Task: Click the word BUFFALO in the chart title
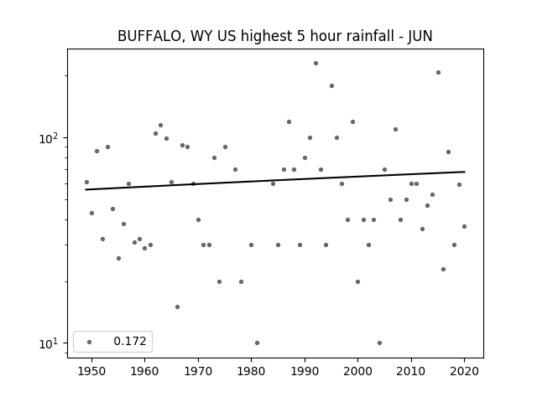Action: [x=149, y=36]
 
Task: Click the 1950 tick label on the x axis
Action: [x=91, y=371]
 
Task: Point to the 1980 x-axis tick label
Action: [x=251, y=371]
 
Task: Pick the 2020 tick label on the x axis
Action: [x=464, y=371]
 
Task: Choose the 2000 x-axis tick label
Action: [x=357, y=371]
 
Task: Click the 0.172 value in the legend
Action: [x=130, y=341]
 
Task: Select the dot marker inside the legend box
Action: [x=90, y=342]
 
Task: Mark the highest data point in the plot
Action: [x=315, y=64]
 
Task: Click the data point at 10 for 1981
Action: [x=258, y=343]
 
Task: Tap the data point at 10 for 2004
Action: [x=379, y=343]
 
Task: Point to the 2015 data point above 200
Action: [x=438, y=73]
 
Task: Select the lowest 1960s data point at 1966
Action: [x=177, y=307]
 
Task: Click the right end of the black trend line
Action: [x=465, y=172]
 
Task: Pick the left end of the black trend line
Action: [x=86, y=189]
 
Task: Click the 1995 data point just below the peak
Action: [x=332, y=85]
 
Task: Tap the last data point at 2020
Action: [x=464, y=227]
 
